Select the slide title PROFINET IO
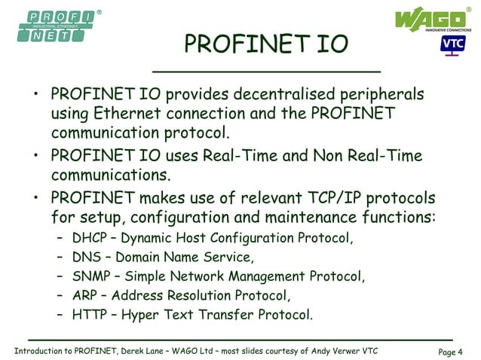(x=266, y=46)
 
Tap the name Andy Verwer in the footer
(x=328, y=352)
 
